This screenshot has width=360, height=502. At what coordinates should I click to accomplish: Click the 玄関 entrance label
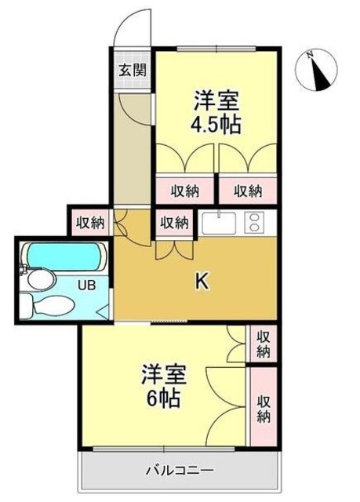(132, 69)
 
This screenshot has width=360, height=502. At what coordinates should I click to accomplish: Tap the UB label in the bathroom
(86, 286)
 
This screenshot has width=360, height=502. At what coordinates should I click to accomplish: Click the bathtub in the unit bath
(63, 255)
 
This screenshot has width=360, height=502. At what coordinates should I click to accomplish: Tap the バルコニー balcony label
(179, 471)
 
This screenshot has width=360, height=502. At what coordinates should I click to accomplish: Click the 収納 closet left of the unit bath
(91, 222)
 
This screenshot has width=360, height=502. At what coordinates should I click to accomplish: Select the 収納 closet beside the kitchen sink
(174, 223)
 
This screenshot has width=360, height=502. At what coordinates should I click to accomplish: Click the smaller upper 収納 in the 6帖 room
(264, 343)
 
